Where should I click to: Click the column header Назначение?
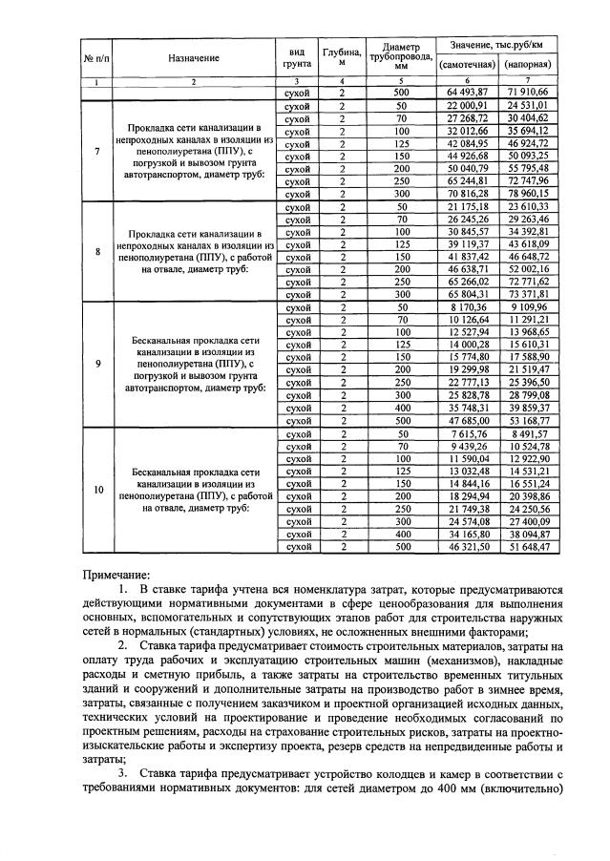[193, 58]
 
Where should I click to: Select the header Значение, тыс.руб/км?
[495, 45]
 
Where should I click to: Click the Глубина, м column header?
[341, 58]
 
